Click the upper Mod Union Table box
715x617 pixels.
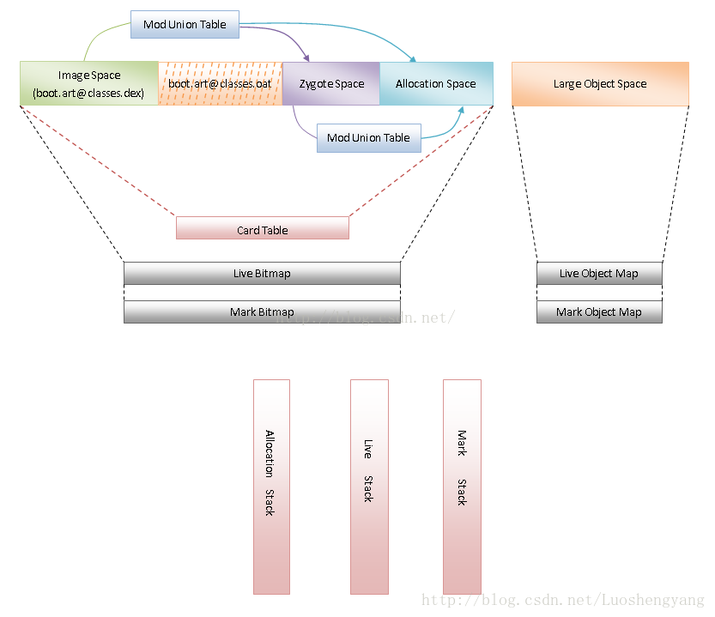[185, 24]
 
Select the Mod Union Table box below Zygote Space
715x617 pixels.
[368, 138]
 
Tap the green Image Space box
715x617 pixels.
[88, 83]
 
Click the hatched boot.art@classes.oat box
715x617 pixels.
[220, 83]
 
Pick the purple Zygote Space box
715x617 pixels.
[330, 83]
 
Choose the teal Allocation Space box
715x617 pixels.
[435, 83]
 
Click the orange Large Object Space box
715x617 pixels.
[600, 83]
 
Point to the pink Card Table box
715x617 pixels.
[262, 229]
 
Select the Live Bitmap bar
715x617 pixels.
[262, 274]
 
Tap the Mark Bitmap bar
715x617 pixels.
[262, 312]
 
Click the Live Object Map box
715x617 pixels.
[599, 274]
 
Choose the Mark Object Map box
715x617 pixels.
[599, 312]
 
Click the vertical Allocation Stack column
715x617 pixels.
[271, 487]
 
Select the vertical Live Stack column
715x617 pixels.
[369, 487]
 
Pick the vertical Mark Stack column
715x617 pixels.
[462, 487]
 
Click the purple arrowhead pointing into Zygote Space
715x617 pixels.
[307, 59]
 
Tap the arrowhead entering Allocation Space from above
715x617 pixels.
[414, 59]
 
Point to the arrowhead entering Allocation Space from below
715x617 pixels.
[461, 110]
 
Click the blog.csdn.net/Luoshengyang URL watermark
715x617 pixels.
[562, 602]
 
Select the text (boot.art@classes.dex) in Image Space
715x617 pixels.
[88, 93]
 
